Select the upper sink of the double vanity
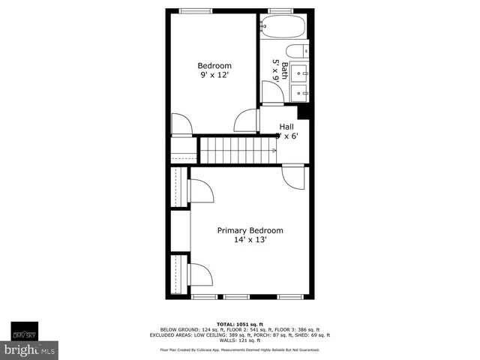(x=300, y=73)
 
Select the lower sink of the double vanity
(x=300, y=93)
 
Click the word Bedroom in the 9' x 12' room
(x=214, y=65)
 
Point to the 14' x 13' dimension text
(x=250, y=241)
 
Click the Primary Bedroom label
(x=250, y=230)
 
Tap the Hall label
(x=286, y=127)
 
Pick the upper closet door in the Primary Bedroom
(x=200, y=191)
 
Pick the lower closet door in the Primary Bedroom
(x=200, y=274)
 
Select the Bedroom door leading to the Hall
(x=246, y=120)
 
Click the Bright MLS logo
(x=30, y=349)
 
